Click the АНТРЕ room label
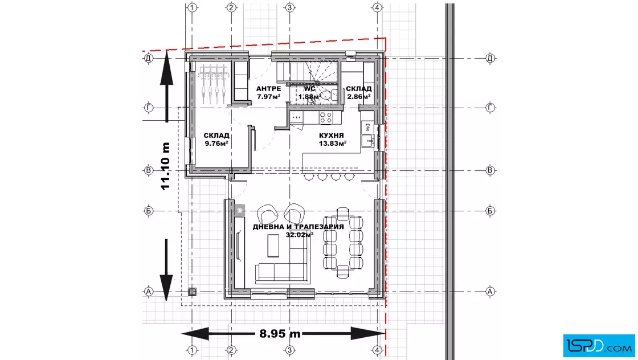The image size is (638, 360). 268,89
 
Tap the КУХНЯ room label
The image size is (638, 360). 331,136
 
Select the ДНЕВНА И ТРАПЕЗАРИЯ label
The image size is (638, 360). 298,227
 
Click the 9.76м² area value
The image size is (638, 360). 216,143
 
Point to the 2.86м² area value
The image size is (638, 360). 359,97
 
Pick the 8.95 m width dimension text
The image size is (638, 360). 280,334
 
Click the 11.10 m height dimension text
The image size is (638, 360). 165,166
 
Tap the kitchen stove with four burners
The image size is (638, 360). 325,118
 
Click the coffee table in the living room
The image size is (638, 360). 273,246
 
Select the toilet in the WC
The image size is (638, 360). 327,95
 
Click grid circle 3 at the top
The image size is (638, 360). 290,7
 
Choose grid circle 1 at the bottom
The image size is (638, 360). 192,350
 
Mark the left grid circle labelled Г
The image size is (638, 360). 149,108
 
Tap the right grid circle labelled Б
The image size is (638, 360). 490,211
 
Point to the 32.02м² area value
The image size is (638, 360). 299,235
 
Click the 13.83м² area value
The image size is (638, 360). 333,143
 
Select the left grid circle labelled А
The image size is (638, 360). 149,291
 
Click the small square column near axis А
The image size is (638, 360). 192,291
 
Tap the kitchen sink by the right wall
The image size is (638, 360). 368,140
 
